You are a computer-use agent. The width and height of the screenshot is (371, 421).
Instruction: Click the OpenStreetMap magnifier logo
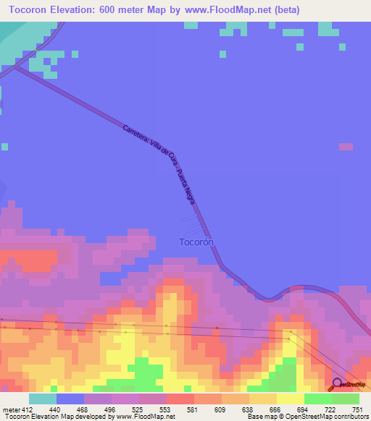(x=338, y=385)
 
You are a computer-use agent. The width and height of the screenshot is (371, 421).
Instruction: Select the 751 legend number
(x=351, y=409)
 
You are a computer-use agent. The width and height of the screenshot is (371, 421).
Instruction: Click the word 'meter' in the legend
(x=11, y=409)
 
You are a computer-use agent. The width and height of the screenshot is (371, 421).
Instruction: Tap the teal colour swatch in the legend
(x=43, y=399)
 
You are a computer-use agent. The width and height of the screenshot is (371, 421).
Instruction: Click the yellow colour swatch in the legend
(x=291, y=399)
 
